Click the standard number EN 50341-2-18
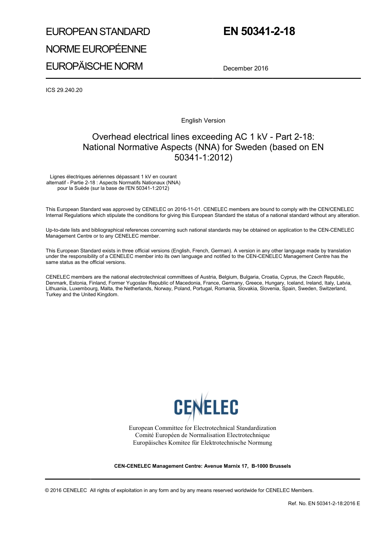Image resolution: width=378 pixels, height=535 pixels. tap(259, 31)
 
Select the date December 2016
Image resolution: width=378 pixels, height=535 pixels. tap(246, 68)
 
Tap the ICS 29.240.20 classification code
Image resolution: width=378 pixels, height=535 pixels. tap(64, 90)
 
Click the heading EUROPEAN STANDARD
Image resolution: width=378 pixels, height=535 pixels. tap(98, 32)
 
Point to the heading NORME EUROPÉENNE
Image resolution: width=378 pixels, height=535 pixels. tap(96, 49)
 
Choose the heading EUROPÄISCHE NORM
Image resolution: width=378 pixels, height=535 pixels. tap(94, 66)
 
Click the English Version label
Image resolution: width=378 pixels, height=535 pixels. tap(203, 121)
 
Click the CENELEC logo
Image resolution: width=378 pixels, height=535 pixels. tap(206, 406)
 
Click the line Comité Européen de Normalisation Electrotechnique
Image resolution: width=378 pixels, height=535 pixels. tap(202, 435)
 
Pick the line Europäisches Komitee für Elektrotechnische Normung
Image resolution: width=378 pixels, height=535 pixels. tap(202, 443)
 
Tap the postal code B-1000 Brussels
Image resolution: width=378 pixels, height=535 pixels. tap(271, 466)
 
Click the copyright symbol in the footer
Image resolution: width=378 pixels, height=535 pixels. tap(47, 490)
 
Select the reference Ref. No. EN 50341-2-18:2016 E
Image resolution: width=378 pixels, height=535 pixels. tap(323, 504)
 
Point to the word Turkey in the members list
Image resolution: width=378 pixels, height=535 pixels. tap(54, 295)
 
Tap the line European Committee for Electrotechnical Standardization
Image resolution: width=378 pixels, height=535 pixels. tap(202, 428)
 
